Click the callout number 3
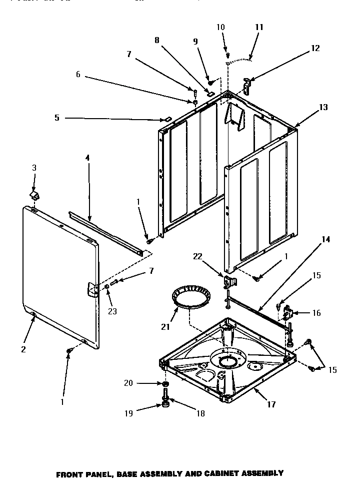pyautogui.click(x=34, y=168)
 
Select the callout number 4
pyautogui.click(x=87, y=158)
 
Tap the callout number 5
pyautogui.click(x=56, y=118)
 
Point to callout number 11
pyautogui.click(x=259, y=27)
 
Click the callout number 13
pyautogui.click(x=323, y=108)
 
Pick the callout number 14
pyautogui.click(x=325, y=239)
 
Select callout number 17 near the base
pyautogui.click(x=271, y=404)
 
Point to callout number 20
pyautogui.click(x=128, y=383)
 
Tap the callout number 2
pyautogui.click(x=23, y=349)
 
